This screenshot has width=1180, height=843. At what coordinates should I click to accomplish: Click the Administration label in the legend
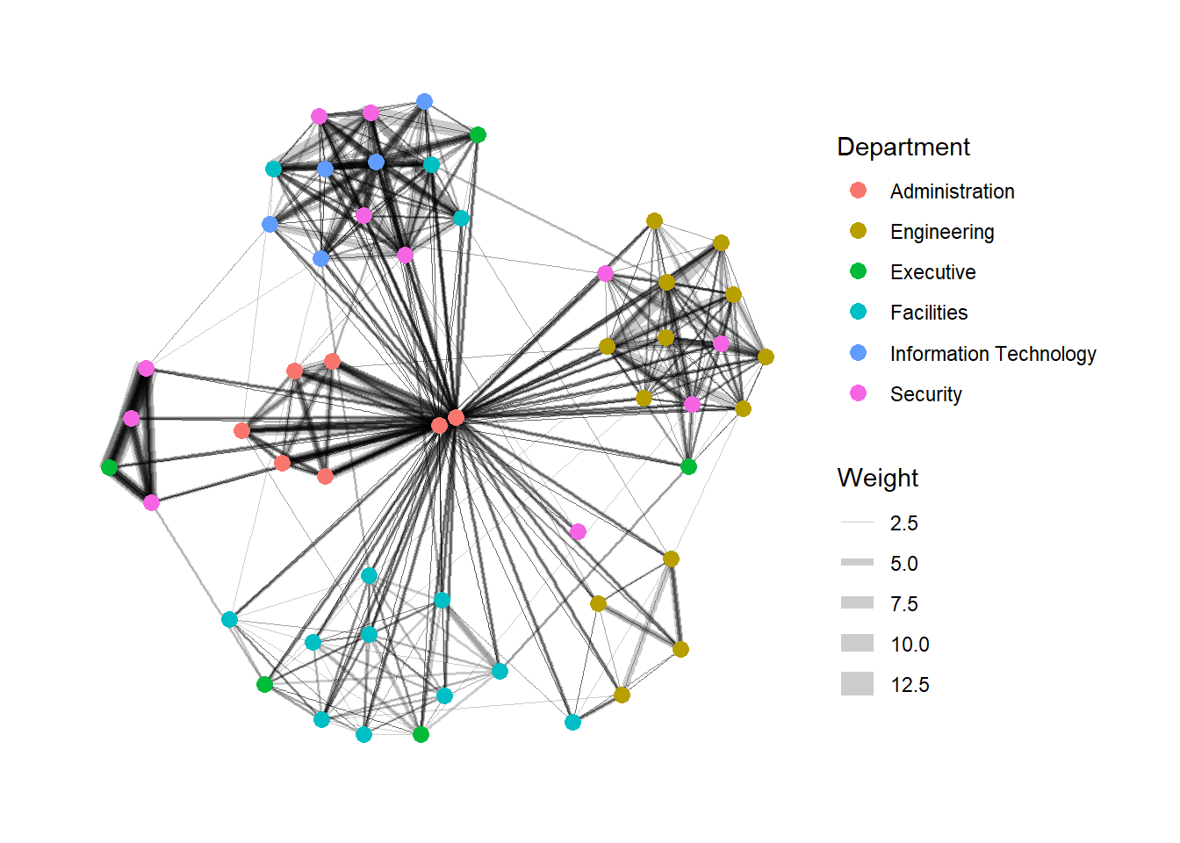point(952,191)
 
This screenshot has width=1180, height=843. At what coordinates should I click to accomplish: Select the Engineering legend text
point(942,232)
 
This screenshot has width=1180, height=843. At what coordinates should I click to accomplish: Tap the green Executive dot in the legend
point(858,271)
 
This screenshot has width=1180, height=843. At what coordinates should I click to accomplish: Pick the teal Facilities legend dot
point(858,312)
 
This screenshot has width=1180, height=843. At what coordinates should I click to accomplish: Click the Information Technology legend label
point(992,354)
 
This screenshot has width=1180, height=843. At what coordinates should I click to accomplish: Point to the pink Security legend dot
point(858,393)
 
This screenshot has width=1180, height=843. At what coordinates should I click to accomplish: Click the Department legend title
point(903,147)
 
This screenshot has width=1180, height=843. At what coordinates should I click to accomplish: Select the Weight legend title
point(877,478)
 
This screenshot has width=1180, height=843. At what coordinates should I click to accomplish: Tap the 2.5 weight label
point(903,523)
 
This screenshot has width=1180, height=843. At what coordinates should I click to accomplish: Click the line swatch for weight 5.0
point(857,562)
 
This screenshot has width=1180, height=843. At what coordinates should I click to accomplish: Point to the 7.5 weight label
point(903,604)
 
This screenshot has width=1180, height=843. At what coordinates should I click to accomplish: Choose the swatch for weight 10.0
point(857,643)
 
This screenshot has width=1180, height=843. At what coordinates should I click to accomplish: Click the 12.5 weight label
point(910,685)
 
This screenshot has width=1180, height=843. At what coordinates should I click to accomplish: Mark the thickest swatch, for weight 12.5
point(857,683)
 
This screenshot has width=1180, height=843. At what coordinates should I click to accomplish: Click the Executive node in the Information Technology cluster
point(478,134)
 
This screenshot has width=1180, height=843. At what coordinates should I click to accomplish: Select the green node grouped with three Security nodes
point(109,467)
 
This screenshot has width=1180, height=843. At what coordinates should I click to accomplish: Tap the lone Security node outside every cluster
point(578,531)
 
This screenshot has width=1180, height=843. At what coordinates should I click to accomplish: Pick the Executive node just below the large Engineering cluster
point(688,466)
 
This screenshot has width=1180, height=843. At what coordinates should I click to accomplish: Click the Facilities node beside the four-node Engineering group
point(572,722)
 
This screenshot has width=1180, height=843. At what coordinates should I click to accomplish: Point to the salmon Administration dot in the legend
point(858,191)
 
